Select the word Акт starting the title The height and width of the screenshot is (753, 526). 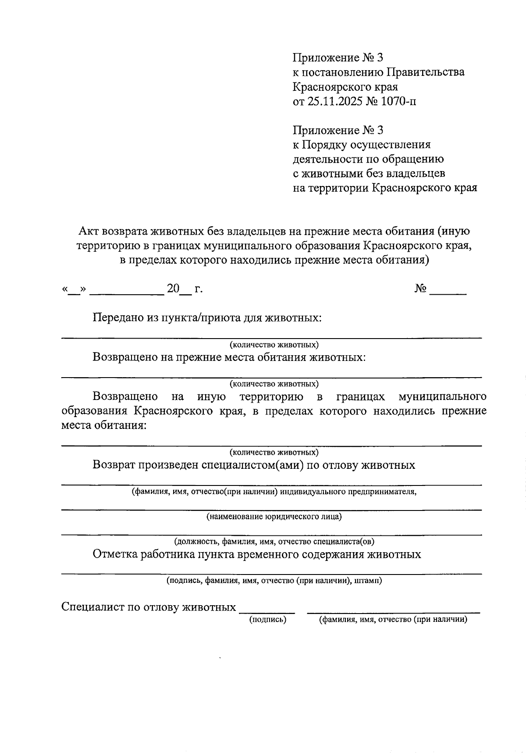89,231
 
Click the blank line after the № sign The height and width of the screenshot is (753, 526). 448,292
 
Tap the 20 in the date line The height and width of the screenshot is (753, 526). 173,289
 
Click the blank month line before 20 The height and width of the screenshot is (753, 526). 126,292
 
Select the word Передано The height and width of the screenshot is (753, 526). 118,317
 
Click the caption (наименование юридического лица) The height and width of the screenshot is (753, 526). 274,517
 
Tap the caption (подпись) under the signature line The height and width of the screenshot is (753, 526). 267,619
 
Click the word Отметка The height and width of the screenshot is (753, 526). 115,554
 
